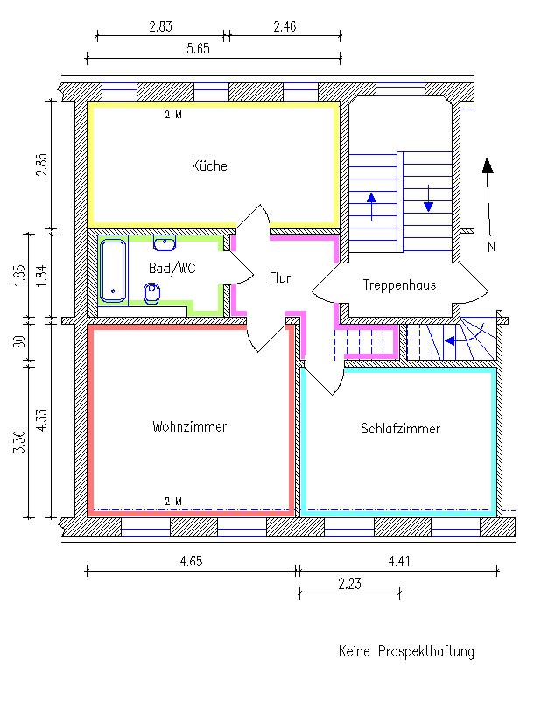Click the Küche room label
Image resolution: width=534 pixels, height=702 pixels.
(x=209, y=165)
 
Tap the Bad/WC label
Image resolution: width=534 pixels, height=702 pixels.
(x=172, y=268)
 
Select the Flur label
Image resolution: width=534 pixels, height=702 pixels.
(x=280, y=278)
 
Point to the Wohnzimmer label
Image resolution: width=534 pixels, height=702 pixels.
(x=189, y=426)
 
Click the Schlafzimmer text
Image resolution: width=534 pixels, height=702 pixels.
(x=401, y=428)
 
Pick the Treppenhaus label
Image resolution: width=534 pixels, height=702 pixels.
(x=399, y=284)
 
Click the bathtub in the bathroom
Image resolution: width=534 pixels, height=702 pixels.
(x=113, y=271)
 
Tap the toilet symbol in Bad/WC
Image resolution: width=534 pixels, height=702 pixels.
(x=151, y=294)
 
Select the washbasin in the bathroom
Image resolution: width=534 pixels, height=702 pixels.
(x=165, y=243)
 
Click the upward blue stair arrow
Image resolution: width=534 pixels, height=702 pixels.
(x=371, y=207)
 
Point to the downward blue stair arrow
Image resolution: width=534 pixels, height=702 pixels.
(x=428, y=198)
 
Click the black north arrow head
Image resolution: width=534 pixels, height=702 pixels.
(x=488, y=165)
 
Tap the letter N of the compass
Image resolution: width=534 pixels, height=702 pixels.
(x=491, y=247)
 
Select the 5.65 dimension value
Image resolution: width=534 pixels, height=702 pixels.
(x=198, y=48)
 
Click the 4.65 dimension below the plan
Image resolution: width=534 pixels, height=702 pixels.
(x=191, y=561)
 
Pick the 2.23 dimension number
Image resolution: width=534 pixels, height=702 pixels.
(x=349, y=584)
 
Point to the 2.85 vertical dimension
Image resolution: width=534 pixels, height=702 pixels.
(x=42, y=165)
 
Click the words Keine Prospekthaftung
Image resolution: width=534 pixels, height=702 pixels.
(x=406, y=651)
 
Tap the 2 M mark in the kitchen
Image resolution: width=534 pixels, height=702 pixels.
(x=173, y=115)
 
